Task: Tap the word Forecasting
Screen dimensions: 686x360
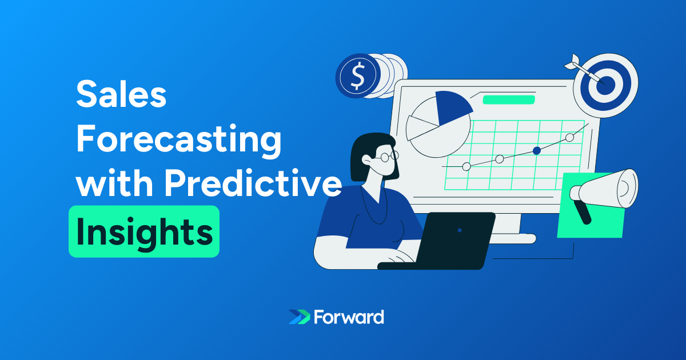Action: pos(179,141)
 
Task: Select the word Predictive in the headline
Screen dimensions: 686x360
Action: pos(253,182)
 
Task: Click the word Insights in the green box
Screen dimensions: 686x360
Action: pos(145,232)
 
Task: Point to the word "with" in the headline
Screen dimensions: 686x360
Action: pos(114,182)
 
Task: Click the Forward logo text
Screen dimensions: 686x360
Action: pos(349,317)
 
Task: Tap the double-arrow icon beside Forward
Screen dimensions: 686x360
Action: pos(299,317)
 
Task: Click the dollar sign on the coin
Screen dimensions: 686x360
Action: pos(358,75)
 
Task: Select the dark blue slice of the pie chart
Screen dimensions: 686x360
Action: pos(452,107)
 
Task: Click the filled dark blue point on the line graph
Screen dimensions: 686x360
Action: pos(537,151)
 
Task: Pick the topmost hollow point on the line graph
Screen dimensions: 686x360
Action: pos(569,138)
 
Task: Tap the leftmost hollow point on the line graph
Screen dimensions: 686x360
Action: pos(466,166)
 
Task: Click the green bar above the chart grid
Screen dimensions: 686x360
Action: pos(509,100)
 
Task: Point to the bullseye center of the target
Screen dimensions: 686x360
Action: pos(605,85)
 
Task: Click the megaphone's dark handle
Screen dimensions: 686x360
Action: pos(582,212)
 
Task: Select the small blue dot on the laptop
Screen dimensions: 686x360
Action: pos(460,230)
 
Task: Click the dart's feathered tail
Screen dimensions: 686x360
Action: pos(572,61)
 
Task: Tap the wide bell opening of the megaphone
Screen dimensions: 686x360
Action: pos(628,188)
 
